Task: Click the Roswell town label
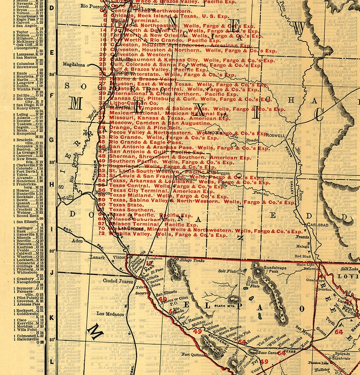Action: pyautogui.click(x=276, y=135)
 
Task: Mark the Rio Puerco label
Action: pyautogui.click(x=89, y=6)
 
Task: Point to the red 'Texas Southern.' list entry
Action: pyautogui.click(x=120, y=210)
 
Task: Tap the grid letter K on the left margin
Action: pyautogui.click(x=52, y=317)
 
